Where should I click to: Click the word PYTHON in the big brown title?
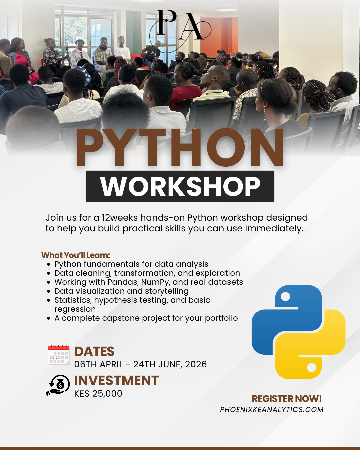(179, 147)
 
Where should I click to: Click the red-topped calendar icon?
(59, 355)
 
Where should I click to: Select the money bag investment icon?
(58, 385)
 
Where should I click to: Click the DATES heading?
(94, 352)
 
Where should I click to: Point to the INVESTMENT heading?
(117, 380)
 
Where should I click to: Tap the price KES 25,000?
(98, 394)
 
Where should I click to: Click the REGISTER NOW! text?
(287, 399)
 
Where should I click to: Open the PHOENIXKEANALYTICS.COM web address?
(272, 410)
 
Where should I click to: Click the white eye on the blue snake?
(285, 297)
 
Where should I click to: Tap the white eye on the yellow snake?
(312, 368)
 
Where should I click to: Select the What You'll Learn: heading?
(76, 255)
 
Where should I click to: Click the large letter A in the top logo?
(191, 26)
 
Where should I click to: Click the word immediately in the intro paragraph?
(274, 228)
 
